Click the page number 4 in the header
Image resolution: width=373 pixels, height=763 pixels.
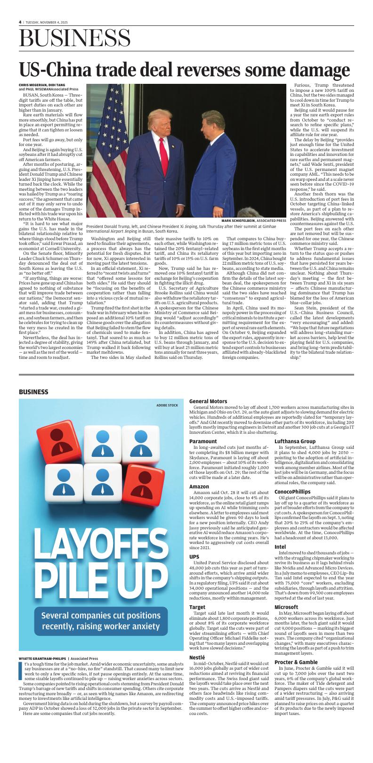pyautogui.click(x=20, y=22)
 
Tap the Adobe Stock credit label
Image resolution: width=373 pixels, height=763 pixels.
pyautogui.click(x=167, y=405)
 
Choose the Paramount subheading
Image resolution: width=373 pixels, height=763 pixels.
pyautogui.click(x=203, y=441)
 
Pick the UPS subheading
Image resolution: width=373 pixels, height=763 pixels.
pyautogui.click(x=194, y=556)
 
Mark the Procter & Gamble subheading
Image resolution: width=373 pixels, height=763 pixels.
pyautogui.click(x=296, y=662)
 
